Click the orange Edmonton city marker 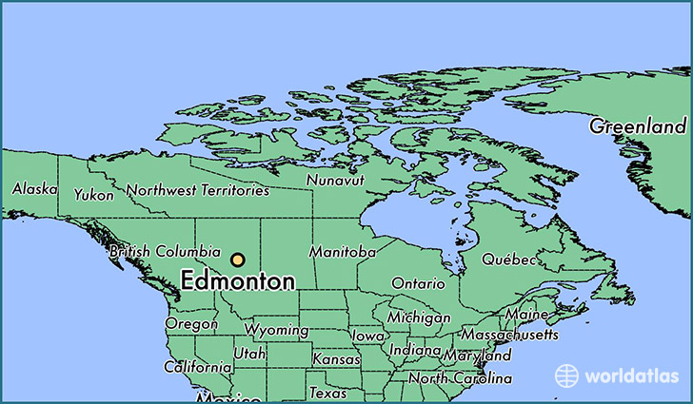point(237,260)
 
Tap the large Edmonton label point(237,281)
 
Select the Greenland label point(637,126)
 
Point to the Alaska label point(33,190)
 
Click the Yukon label point(94,195)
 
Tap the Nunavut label point(335,180)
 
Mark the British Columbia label point(165,252)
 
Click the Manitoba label point(342,253)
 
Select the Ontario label point(418,283)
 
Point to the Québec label point(508,259)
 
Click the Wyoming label point(276,331)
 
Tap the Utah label point(249,354)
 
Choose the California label point(197,367)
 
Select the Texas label point(328,392)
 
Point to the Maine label point(526,315)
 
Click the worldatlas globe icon point(566,375)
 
